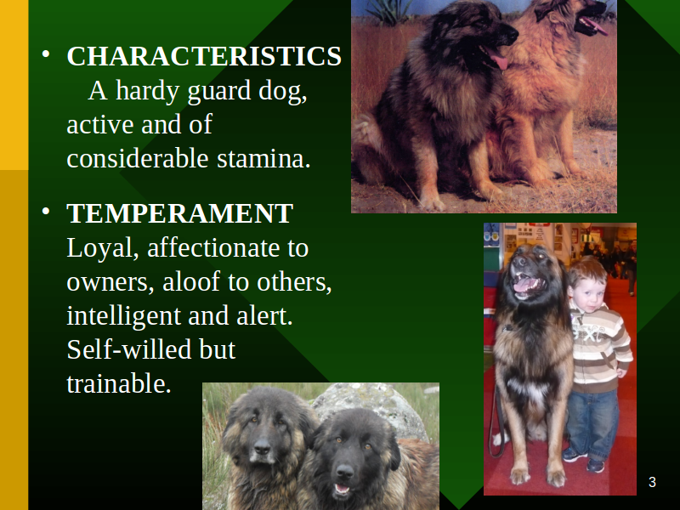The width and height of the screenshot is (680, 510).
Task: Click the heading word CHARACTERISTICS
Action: point(204,56)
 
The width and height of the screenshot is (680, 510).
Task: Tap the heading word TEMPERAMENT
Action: point(180,213)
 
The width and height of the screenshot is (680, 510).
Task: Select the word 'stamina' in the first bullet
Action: point(263,158)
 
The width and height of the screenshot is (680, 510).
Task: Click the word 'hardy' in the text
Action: point(147,92)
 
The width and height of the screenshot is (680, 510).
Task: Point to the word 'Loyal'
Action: point(103,249)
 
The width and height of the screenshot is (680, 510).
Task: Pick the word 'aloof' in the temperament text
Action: point(191,281)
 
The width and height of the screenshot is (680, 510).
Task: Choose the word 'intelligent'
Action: point(124,316)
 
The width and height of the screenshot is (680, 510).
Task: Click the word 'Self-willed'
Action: point(129,349)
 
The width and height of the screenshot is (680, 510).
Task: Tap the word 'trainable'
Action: point(119,383)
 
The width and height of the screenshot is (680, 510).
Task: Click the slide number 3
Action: point(652,482)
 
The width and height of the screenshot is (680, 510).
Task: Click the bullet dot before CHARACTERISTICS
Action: point(46,54)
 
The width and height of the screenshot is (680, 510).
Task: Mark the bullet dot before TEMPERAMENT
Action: point(46,212)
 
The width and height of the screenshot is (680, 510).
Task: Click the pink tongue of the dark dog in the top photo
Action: point(500,59)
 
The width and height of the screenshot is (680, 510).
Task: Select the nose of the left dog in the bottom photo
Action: point(262,447)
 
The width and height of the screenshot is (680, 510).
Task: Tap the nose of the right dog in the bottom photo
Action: point(345,472)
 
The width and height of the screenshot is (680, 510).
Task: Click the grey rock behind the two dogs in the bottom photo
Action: point(373,405)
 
